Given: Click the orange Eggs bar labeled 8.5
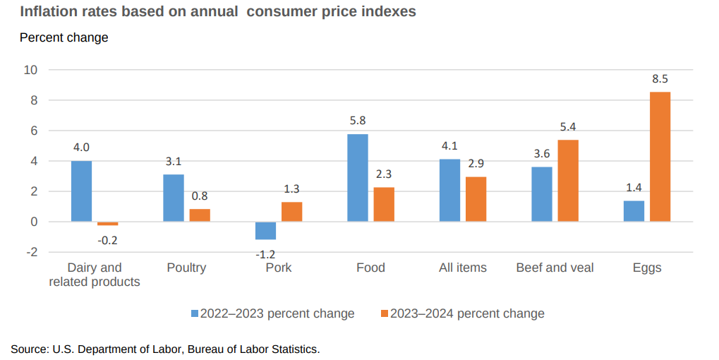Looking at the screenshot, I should pyautogui.click(x=660, y=157).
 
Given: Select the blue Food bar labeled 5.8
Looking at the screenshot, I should pyautogui.click(x=358, y=178).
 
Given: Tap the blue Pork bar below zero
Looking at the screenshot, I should pyautogui.click(x=266, y=231).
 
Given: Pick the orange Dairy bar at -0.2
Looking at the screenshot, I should pyautogui.click(x=108, y=224).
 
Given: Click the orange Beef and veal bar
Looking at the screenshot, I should pyautogui.click(x=568, y=181).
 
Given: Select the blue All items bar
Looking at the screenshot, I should pyautogui.click(x=449, y=191).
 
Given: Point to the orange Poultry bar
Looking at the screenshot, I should pyautogui.click(x=200, y=215).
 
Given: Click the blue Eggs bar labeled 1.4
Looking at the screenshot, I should pyautogui.click(x=634, y=211).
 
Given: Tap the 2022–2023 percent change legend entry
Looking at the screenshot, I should pyautogui.click(x=272, y=313).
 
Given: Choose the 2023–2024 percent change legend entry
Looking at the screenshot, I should pyautogui.click(x=461, y=313).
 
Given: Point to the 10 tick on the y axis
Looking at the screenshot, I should pyautogui.click(x=30, y=70).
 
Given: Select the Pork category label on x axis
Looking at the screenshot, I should pyautogui.click(x=278, y=268).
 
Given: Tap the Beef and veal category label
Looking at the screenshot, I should pyautogui.click(x=555, y=268).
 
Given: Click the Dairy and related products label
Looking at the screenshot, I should pyautogui.click(x=95, y=275).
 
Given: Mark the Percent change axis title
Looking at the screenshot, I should pyautogui.click(x=64, y=37).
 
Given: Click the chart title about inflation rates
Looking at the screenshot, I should pyautogui.click(x=217, y=12).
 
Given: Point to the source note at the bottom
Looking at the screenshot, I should pyautogui.click(x=165, y=349).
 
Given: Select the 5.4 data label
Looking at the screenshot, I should pyautogui.click(x=567, y=127).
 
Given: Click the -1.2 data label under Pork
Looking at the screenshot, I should pyautogui.click(x=265, y=253).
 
